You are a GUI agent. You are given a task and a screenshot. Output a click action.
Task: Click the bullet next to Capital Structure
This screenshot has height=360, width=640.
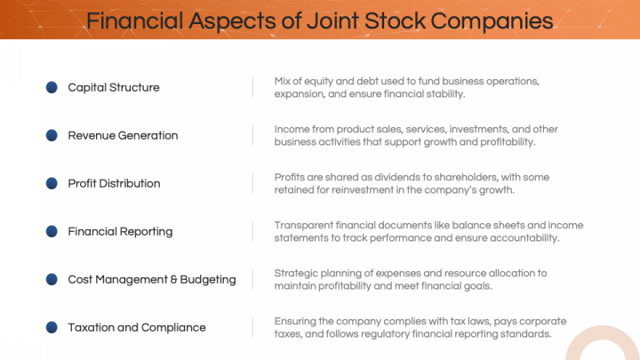coord(52,87)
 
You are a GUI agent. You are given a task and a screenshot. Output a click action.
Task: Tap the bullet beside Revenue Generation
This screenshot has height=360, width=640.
coord(52,135)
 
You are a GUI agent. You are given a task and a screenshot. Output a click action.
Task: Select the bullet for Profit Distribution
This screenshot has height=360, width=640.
coord(52,183)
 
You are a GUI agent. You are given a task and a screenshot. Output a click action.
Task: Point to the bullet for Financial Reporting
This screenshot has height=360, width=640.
coord(52,231)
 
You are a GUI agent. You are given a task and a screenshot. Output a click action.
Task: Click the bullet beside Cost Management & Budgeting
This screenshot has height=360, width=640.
coord(52,279)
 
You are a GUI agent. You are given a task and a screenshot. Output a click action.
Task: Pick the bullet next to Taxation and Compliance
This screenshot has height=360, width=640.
coord(52,327)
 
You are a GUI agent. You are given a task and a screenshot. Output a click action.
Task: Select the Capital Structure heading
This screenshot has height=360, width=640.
coord(114,87)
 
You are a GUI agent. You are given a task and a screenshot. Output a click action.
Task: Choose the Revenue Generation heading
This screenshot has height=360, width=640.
coord(123,135)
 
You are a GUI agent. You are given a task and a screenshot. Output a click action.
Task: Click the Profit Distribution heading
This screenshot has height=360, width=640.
coord(114,183)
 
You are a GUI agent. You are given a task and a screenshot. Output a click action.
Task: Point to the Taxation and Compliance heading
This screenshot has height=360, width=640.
coord(137,327)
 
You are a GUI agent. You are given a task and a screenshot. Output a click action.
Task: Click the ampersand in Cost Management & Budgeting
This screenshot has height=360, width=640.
coord(174,279)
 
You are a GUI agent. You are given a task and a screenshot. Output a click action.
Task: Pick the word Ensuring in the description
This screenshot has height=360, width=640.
coord(296,321)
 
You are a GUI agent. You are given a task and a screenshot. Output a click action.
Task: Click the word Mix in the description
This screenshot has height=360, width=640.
coord(284,81)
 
